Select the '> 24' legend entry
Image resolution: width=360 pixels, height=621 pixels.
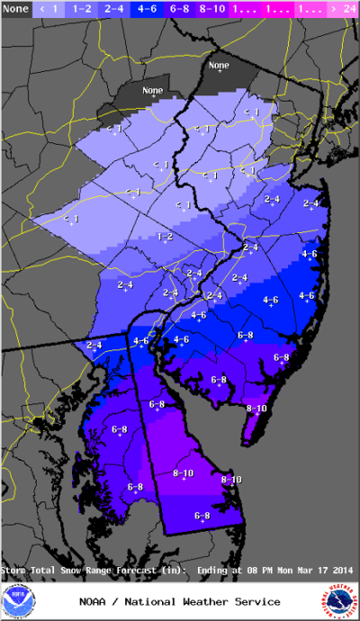pyautogui.click(x=343, y=8)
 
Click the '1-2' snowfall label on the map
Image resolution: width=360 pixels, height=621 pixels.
pyautogui.click(x=165, y=237)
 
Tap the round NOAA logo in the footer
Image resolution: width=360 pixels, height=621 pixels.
pyautogui.click(x=17, y=601)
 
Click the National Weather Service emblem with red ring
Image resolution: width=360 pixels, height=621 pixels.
pyautogui.click(x=342, y=601)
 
